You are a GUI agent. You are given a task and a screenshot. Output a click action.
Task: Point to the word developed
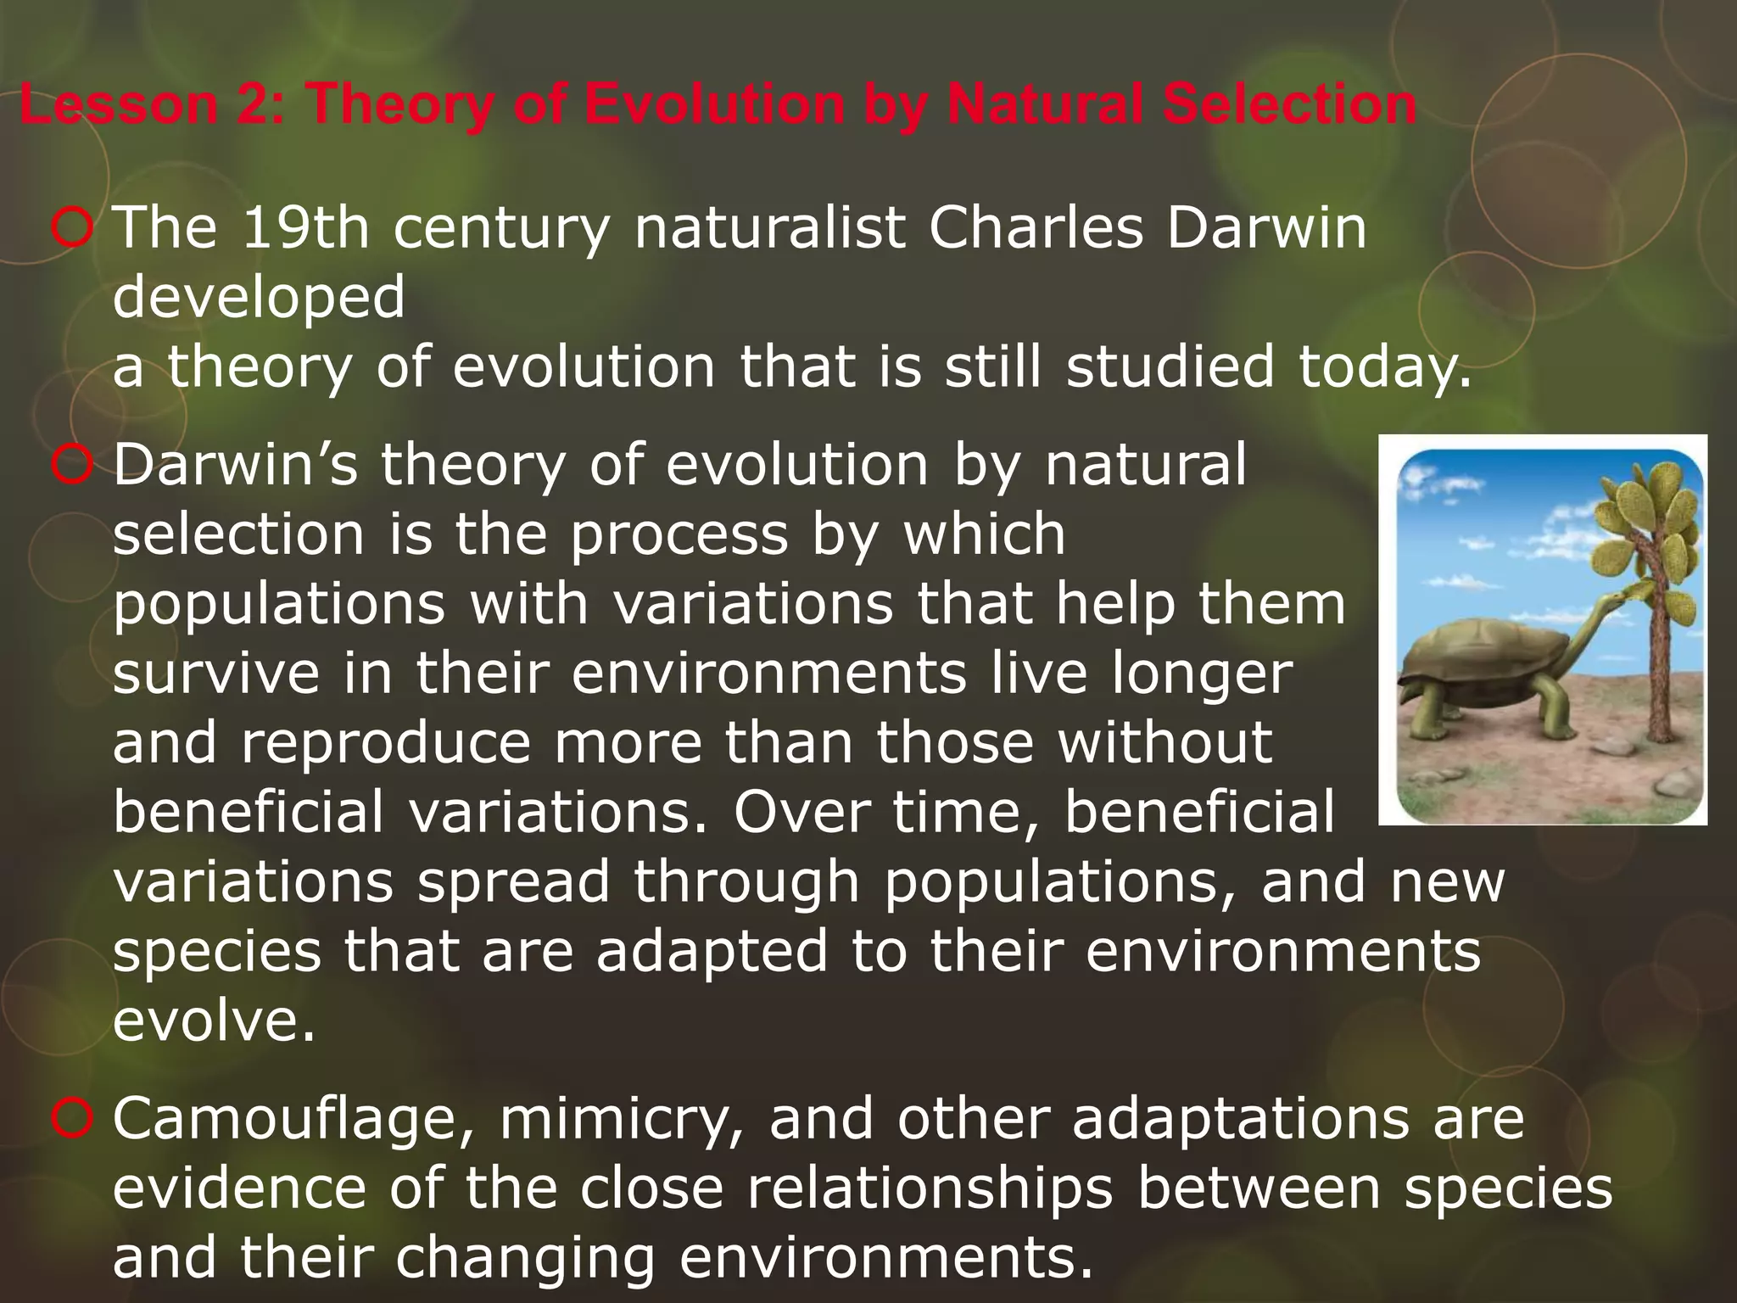[x=259, y=299]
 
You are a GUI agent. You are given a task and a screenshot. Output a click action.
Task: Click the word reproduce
[x=387, y=743]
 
